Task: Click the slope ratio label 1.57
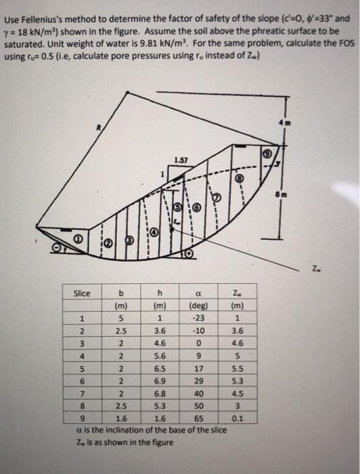pos(180,160)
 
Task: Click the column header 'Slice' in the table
pos(82,293)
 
